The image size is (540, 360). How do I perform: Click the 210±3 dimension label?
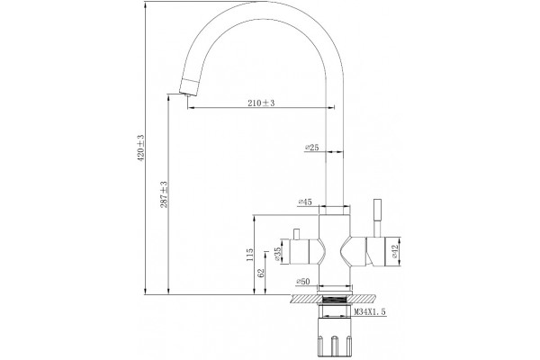261,103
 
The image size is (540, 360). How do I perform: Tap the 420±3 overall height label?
141,148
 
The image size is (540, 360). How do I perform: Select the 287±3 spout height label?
164,194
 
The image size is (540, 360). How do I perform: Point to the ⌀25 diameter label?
312,148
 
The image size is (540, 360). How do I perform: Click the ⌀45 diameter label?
305,202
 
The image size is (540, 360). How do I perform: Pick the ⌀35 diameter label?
277,253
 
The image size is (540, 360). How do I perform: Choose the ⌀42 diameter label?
395,251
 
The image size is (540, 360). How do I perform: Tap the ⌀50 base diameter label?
303,282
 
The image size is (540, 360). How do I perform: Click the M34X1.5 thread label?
370,312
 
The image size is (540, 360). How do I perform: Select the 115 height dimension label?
250,255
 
